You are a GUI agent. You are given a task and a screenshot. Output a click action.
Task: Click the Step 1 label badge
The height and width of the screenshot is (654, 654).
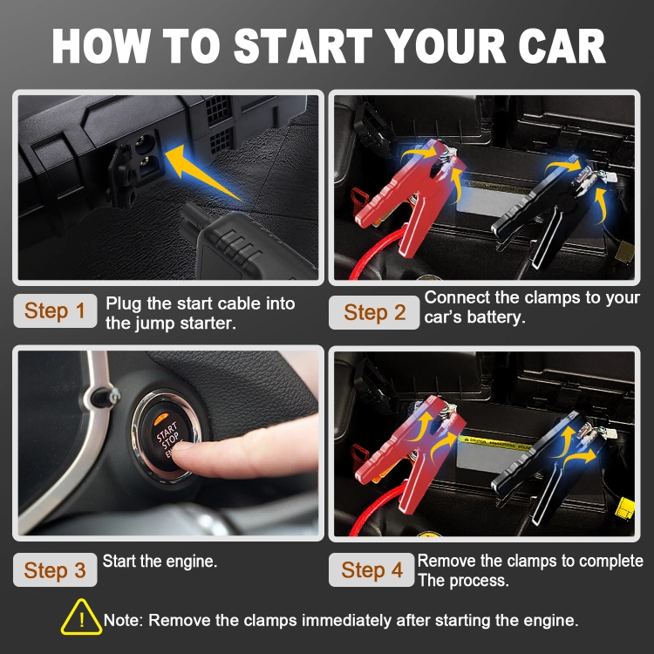pyautogui.click(x=55, y=310)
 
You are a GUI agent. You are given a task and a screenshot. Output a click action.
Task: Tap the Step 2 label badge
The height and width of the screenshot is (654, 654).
pyautogui.click(x=374, y=312)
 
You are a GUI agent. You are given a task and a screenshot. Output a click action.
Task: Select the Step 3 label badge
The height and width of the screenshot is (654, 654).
pyautogui.click(x=55, y=569)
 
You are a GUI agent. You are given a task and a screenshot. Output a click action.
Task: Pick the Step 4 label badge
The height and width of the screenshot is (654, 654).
pyautogui.click(x=371, y=569)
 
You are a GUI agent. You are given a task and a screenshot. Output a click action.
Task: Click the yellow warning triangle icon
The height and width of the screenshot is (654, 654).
pyautogui.click(x=82, y=618)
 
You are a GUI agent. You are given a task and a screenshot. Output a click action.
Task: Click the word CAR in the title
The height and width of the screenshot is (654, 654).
pyautogui.click(x=562, y=46)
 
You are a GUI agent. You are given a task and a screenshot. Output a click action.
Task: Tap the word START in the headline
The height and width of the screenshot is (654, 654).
pyautogui.click(x=303, y=46)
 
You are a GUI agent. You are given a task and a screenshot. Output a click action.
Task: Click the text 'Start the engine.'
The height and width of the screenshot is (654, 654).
pyautogui.click(x=160, y=562)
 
